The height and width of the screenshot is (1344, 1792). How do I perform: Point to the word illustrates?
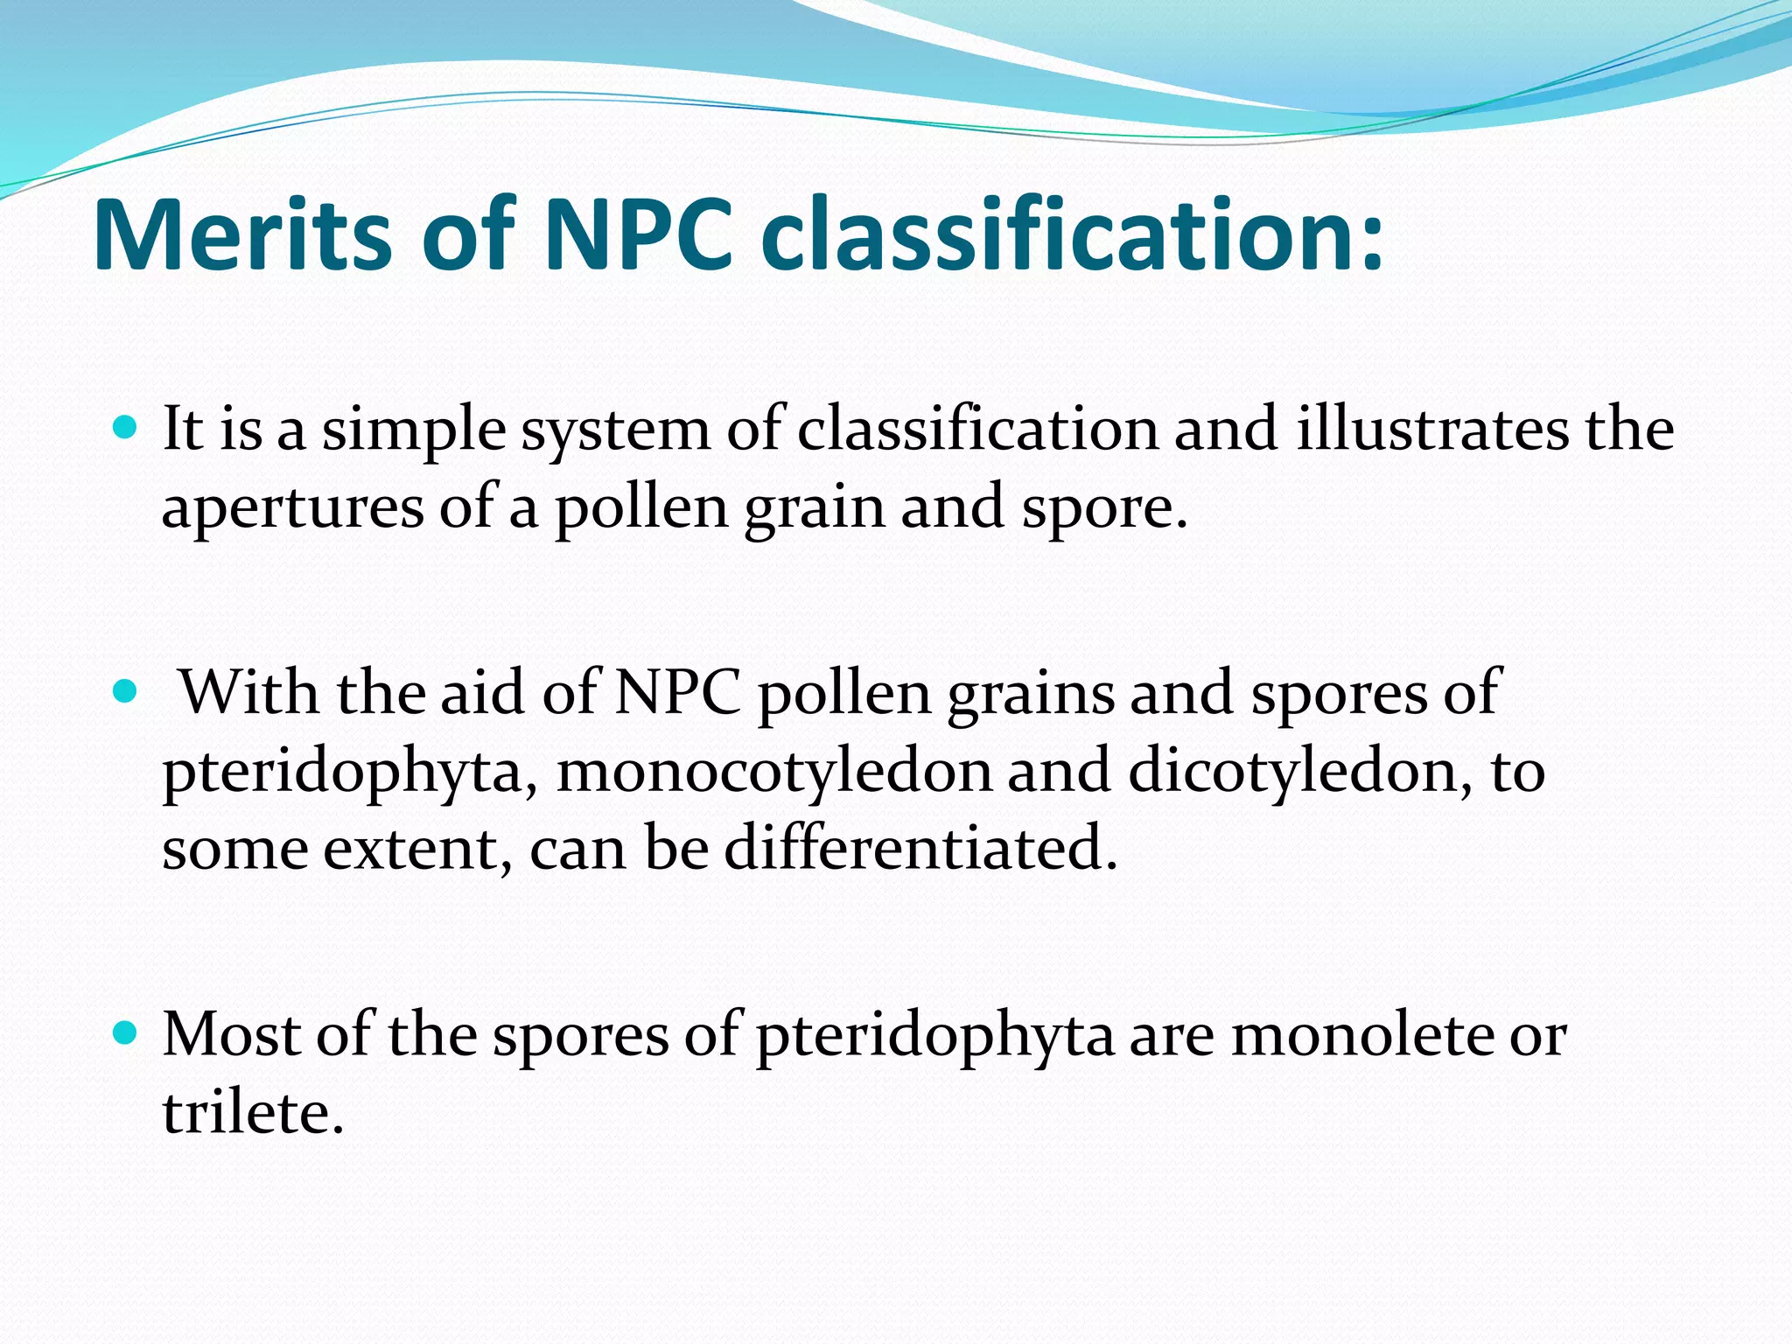click(x=1433, y=430)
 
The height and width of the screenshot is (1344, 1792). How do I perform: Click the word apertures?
click(x=292, y=509)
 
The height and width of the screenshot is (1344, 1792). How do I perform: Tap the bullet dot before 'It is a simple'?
click(x=126, y=428)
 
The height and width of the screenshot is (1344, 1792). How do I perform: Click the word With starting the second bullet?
click(x=248, y=692)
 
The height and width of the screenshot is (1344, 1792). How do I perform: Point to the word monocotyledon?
click(x=773, y=772)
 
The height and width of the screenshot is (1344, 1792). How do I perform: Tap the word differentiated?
click(x=920, y=848)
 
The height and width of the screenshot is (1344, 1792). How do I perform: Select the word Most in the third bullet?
click(x=231, y=1034)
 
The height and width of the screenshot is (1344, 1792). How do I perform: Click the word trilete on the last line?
click(x=252, y=1112)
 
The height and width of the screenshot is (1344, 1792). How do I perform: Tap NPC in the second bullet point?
click(x=678, y=692)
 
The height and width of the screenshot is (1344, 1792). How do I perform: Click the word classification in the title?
click(x=1073, y=234)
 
